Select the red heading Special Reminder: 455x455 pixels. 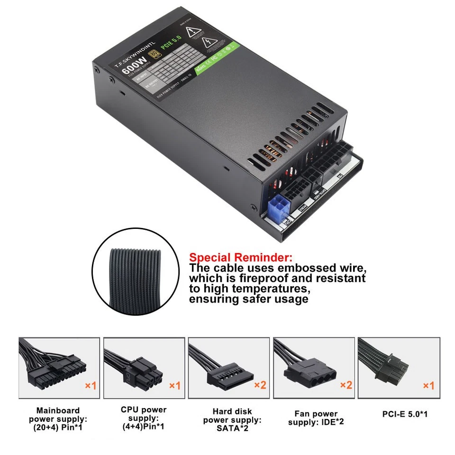pos(241,258)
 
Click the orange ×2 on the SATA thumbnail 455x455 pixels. pos(260,385)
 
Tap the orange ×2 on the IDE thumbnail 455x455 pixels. pos(346,385)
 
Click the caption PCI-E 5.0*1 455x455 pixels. pos(405,414)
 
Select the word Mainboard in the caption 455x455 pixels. pos(58,410)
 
